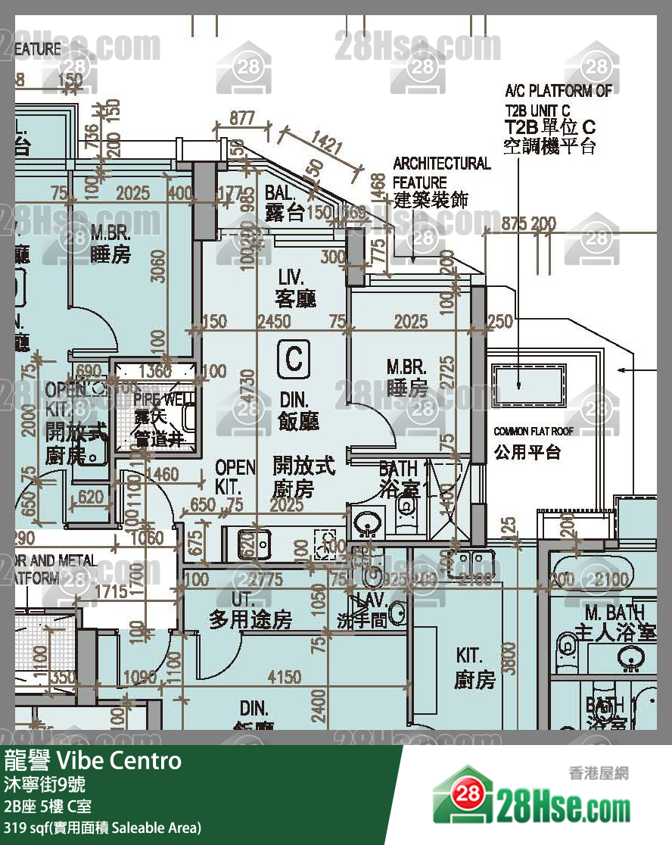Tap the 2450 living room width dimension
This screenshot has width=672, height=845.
click(273, 322)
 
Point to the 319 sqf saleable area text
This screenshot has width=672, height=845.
click(103, 828)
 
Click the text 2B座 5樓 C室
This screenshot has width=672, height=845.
click(48, 806)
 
